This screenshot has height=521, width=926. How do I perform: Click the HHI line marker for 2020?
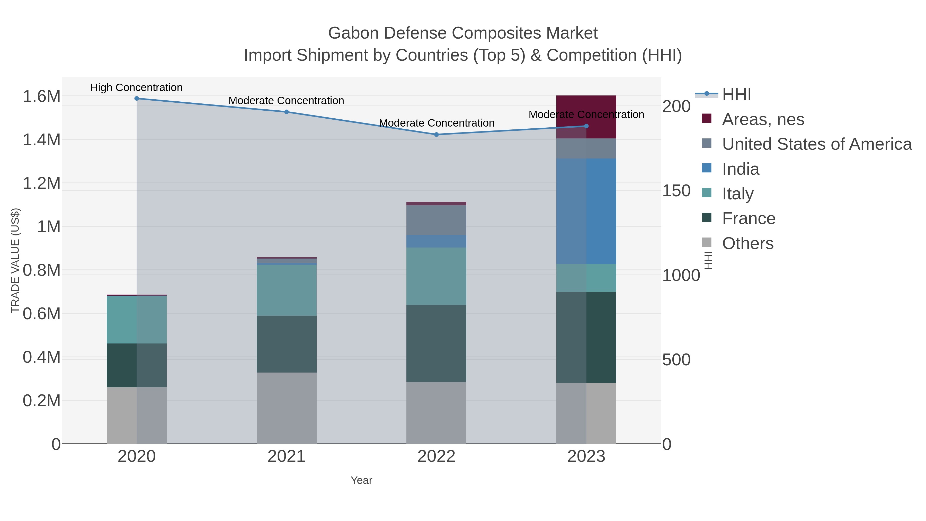(137, 98)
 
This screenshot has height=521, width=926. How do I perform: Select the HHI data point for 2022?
(437, 135)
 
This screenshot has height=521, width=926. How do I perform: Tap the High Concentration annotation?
(136, 87)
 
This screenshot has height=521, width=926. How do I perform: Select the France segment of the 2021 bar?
(287, 344)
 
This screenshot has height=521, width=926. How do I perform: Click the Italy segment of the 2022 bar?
(437, 276)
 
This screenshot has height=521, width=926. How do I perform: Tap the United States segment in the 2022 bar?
(437, 220)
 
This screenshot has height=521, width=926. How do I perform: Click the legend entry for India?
(741, 169)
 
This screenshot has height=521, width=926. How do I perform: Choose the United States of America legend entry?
(816, 144)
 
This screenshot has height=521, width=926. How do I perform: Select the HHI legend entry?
(736, 95)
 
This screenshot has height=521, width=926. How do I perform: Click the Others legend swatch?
(706, 243)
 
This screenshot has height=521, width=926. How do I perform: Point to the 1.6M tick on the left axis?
(41, 96)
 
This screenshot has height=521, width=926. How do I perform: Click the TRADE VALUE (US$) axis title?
(15, 260)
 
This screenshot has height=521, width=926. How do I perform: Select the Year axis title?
(361, 480)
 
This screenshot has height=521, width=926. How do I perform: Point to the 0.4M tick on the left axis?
(41, 357)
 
